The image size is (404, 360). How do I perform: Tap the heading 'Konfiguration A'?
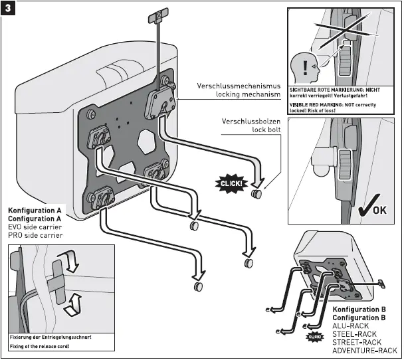click(35, 211)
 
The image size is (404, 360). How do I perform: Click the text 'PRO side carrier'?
click(36, 235)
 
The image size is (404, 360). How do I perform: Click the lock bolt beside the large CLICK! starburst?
click(256, 195)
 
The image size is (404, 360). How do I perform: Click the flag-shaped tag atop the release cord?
click(157, 15)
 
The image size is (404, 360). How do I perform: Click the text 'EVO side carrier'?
click(36, 227)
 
